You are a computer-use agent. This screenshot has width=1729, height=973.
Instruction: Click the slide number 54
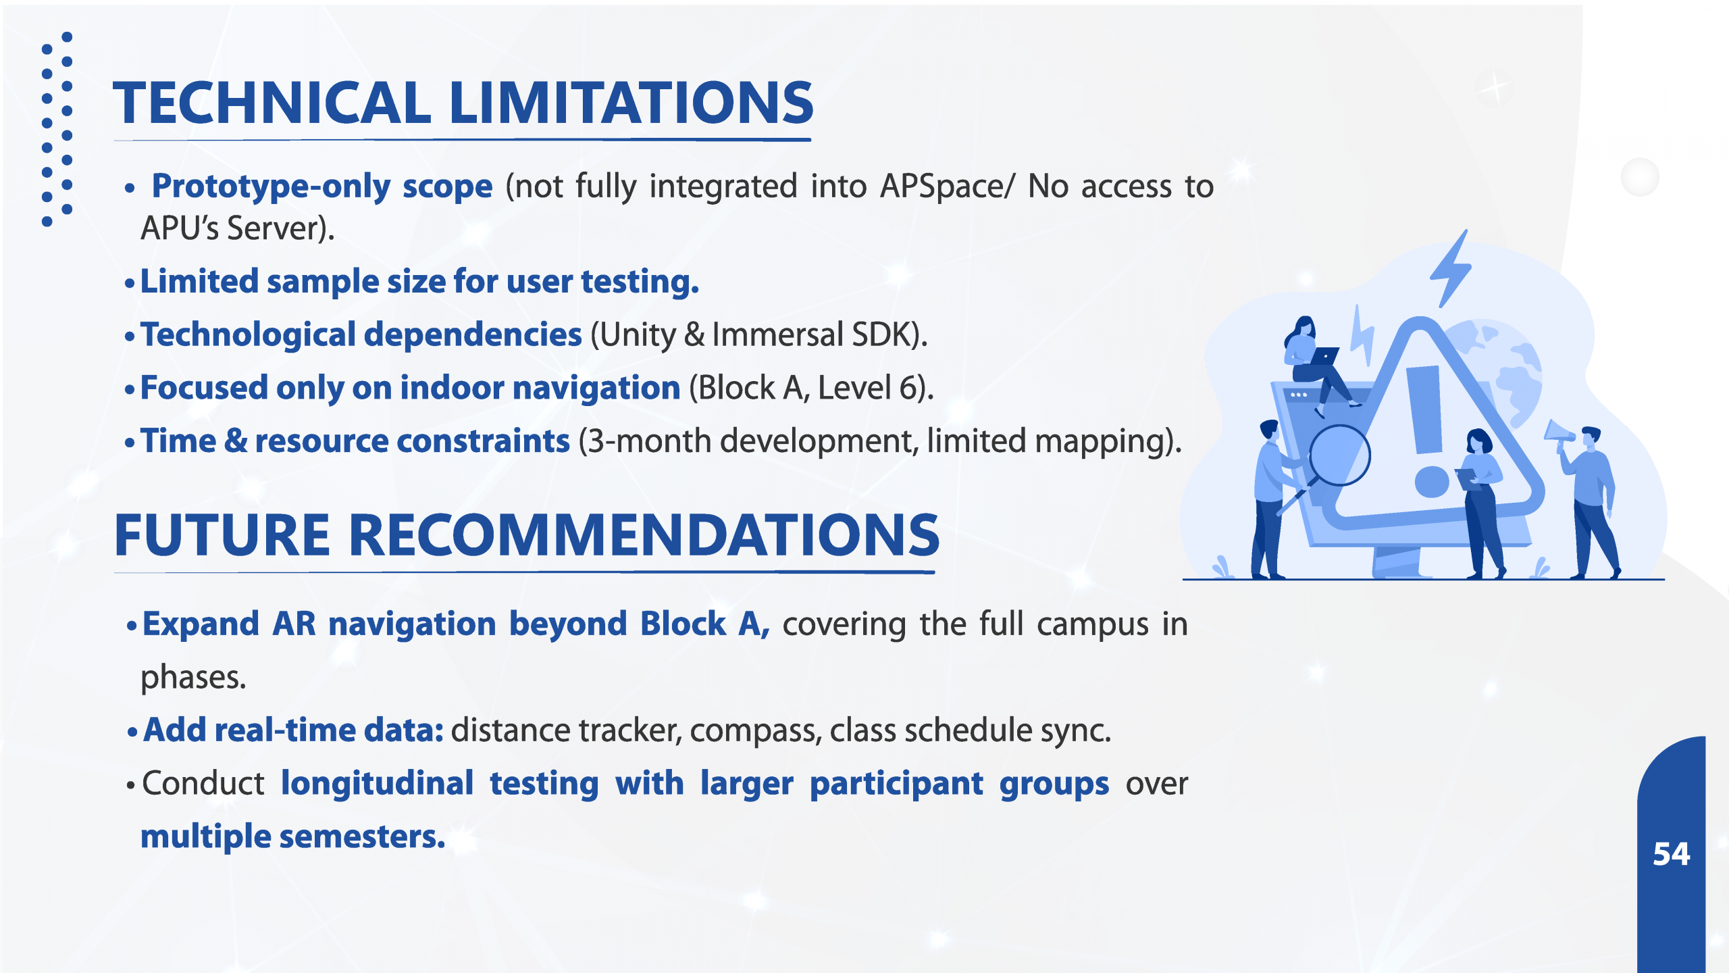pyautogui.click(x=1672, y=854)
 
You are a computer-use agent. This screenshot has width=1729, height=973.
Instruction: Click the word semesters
pyautogui.click(x=362, y=837)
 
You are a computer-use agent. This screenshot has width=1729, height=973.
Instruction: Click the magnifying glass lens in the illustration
pyautogui.click(x=1340, y=455)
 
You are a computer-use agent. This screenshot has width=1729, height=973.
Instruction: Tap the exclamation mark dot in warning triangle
pyautogui.click(x=1432, y=481)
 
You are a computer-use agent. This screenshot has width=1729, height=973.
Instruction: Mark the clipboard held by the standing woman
pyautogui.click(x=1467, y=478)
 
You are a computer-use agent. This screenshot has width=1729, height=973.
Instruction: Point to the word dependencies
pyautogui.click(x=473, y=335)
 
